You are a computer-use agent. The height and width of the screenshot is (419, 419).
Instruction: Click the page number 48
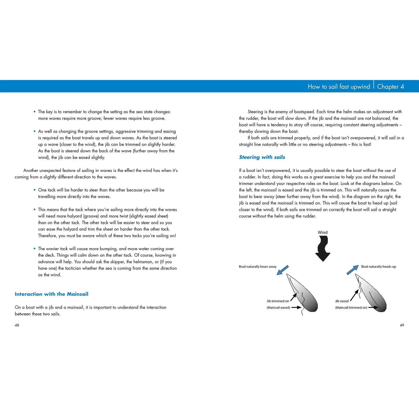click(17, 325)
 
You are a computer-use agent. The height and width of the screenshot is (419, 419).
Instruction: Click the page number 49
click(402, 325)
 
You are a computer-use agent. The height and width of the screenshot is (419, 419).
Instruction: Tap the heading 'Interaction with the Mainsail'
click(51, 294)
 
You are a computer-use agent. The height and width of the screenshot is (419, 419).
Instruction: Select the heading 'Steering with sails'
click(262, 157)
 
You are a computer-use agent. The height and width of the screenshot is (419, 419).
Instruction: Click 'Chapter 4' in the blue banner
click(390, 87)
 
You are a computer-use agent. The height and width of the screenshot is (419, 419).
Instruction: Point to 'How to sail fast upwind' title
click(339, 87)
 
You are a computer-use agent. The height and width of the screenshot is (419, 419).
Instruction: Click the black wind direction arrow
click(323, 248)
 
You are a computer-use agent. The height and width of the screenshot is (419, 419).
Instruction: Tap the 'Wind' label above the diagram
click(323, 232)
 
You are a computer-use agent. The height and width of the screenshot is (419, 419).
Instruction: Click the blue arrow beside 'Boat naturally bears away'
click(282, 270)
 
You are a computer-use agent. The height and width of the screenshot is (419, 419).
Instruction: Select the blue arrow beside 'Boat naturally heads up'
click(353, 270)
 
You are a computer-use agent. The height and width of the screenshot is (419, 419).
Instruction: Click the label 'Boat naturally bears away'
click(258, 266)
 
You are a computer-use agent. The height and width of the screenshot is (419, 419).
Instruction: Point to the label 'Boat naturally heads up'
click(378, 266)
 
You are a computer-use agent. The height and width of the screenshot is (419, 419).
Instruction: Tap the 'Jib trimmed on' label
click(278, 301)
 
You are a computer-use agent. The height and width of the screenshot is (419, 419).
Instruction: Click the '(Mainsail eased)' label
click(278, 308)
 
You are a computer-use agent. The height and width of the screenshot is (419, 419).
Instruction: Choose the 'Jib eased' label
click(342, 301)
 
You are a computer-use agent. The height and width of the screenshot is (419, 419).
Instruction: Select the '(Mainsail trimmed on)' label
click(351, 308)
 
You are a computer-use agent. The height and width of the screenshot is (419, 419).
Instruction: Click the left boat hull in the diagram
click(306, 296)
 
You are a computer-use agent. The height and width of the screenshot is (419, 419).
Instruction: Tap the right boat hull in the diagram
click(374, 296)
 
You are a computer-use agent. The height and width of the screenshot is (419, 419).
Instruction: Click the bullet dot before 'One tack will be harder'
click(35, 190)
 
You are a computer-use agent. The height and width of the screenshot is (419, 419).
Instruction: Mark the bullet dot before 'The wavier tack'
click(35, 249)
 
